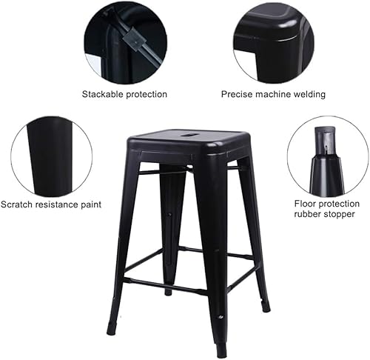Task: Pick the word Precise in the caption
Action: (238, 94)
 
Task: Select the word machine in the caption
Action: (275, 94)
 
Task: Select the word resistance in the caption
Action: (55, 204)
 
